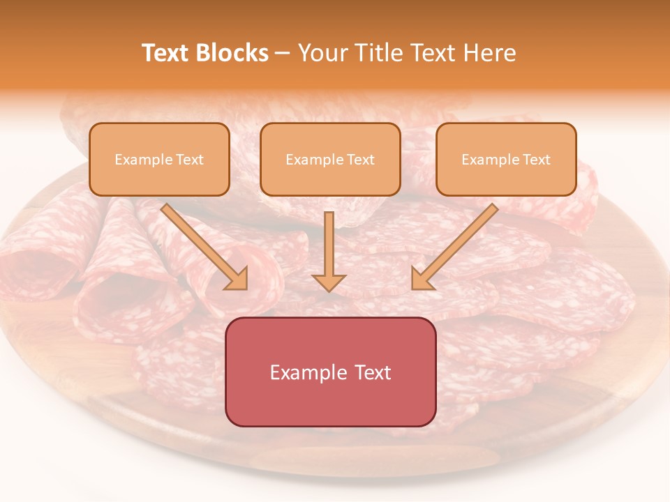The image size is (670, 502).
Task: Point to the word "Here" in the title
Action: click(x=490, y=53)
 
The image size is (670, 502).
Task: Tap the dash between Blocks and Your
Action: click(x=283, y=54)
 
